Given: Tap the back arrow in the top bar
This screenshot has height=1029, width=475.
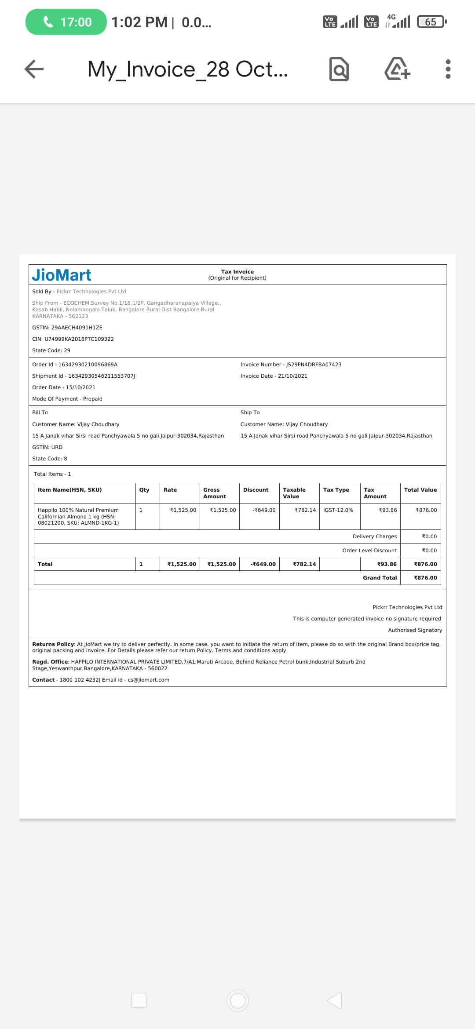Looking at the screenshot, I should pos(34,69).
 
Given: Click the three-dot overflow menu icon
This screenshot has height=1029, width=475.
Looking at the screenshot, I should pos(448,69).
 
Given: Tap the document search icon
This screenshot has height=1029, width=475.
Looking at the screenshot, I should pos(339,69).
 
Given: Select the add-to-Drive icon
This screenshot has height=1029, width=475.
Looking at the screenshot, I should pos(397,69).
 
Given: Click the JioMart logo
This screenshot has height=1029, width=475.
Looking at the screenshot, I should pos(62,275).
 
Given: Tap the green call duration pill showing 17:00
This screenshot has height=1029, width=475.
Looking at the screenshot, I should pos(66,22).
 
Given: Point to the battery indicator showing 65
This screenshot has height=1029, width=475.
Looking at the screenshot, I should pos(431,22).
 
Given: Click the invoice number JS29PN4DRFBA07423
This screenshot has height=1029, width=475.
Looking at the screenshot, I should pos(314,365).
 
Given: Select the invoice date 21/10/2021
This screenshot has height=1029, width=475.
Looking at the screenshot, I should pos(292,376).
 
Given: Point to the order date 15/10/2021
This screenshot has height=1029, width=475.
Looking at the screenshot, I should pos(80,387).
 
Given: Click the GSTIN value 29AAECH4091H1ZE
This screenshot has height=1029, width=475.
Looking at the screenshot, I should pos(73,328).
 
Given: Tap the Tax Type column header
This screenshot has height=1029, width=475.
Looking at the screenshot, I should pos(336,490).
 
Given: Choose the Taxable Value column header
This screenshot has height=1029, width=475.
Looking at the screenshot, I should pos(294,493).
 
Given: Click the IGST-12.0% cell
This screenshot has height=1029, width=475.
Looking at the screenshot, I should pos(338,510).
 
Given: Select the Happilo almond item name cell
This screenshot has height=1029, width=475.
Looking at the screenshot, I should pos(78,516).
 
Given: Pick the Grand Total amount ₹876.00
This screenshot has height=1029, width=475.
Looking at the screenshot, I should pos(425,578).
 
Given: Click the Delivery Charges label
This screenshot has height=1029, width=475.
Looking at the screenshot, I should pos(374,536).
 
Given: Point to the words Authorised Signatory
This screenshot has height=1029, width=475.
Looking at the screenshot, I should pos(415,630).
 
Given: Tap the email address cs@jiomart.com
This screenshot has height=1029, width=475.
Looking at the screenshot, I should pos(148,680).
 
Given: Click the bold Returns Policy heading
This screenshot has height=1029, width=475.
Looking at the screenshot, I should pos(53,644).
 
